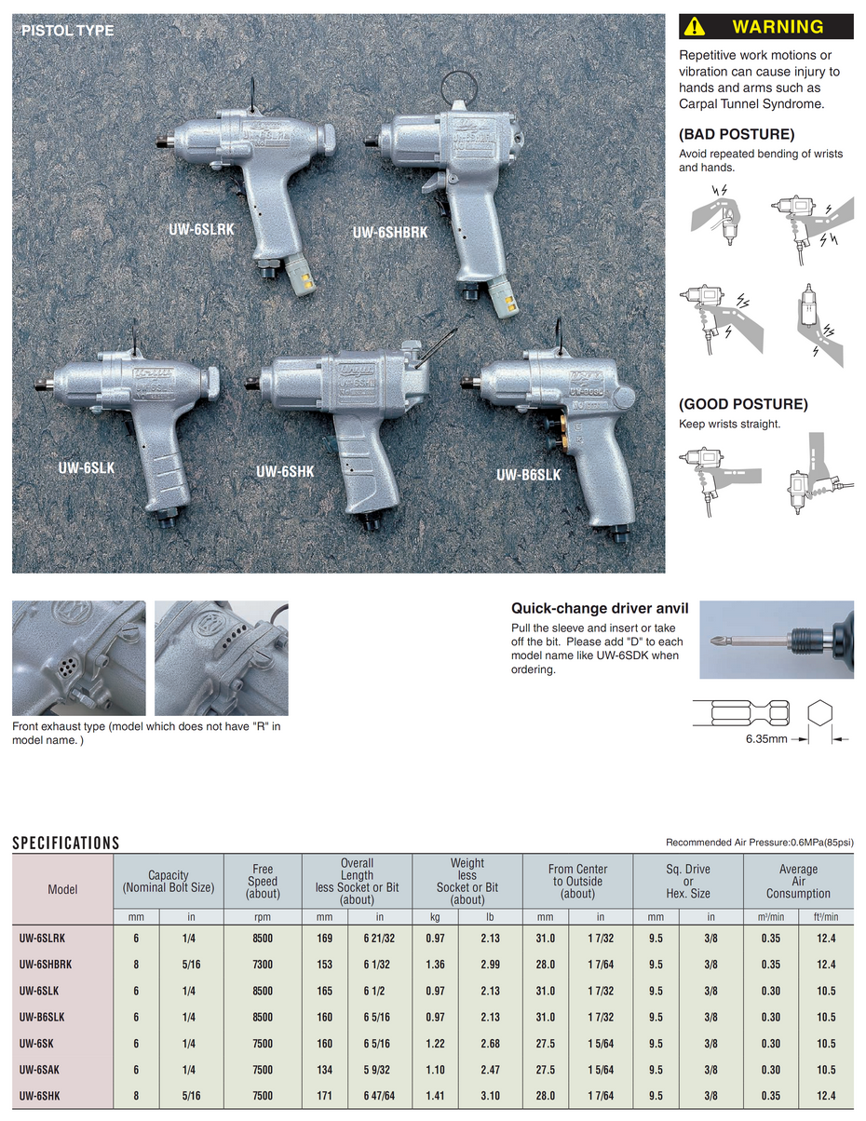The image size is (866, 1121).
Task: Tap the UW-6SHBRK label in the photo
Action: (390, 232)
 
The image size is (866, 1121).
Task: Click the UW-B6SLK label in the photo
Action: (528, 474)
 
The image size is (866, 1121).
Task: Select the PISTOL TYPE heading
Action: (67, 31)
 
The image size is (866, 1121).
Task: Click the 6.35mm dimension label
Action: (766, 739)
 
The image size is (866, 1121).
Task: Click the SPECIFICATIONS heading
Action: (66, 844)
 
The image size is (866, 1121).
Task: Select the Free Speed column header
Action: (263, 882)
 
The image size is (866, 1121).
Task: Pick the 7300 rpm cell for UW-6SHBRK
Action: (263, 965)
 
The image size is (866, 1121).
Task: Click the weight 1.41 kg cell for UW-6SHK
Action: (435, 1097)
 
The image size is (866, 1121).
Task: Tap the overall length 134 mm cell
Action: (324, 1070)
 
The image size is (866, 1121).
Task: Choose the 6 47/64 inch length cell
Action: (379, 1097)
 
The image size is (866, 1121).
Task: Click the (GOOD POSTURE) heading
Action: (743, 404)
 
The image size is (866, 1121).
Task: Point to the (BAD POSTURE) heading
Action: (737, 133)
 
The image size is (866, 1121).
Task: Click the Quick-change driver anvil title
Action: (601, 609)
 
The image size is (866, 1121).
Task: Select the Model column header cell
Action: (62, 889)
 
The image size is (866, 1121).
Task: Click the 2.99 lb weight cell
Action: (490, 965)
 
